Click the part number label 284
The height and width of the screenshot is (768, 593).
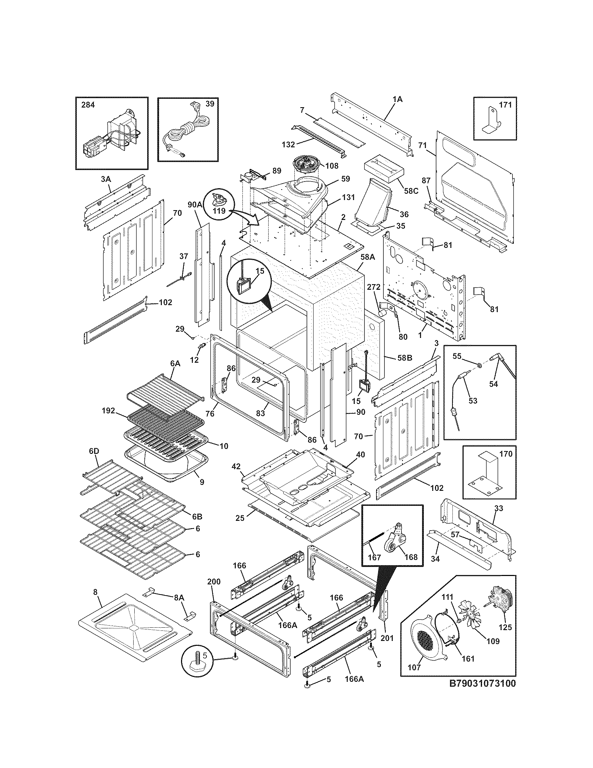[x=88, y=105]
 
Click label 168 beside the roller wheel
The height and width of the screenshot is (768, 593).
[x=411, y=557]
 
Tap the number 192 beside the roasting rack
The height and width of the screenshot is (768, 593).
[x=108, y=411]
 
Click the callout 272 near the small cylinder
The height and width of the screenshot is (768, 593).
[x=374, y=287]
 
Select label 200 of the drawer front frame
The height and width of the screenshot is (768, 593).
[x=214, y=582]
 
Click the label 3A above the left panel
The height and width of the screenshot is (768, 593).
[x=106, y=179]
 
